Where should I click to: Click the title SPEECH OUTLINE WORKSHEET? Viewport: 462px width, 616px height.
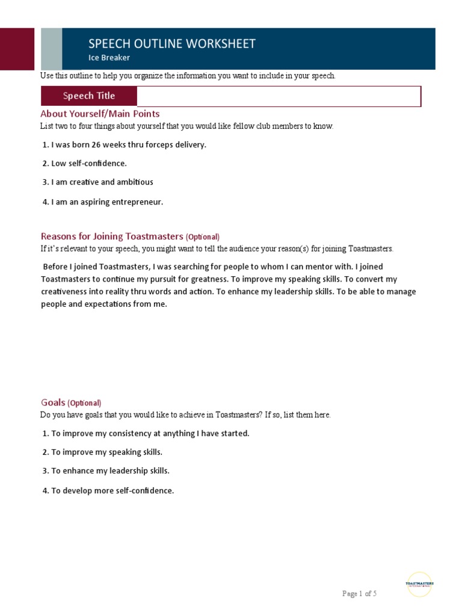[171, 44]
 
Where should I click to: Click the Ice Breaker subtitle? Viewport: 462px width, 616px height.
[109, 58]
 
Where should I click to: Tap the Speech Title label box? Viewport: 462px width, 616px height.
[88, 96]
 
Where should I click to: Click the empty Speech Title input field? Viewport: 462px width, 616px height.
[279, 96]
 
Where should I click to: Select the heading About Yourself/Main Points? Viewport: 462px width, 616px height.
[100, 114]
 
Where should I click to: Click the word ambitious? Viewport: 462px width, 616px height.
[134, 182]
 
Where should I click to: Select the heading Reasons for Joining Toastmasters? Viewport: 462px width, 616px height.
[111, 236]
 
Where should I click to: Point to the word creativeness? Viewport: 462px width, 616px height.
[65, 292]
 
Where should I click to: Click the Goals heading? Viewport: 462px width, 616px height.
[52, 402]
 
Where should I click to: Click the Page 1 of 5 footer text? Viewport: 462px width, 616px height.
[359, 594]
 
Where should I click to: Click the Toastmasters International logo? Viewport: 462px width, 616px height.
[419, 584]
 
